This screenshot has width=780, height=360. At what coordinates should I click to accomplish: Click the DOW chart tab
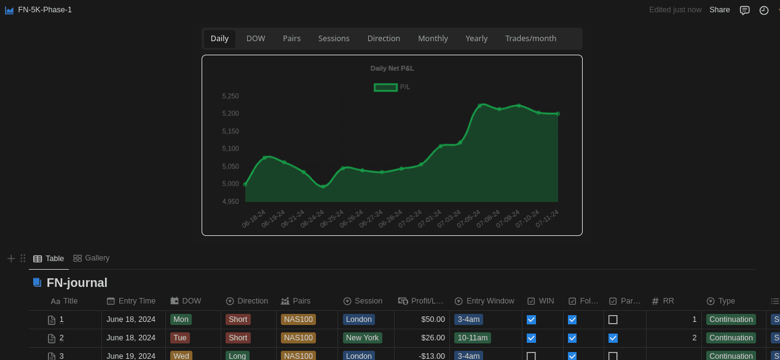256,39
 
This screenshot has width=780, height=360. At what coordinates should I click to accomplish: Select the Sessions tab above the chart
334,39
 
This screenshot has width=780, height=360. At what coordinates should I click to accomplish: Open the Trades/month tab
530,39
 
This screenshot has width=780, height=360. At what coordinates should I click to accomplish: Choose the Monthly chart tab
433,39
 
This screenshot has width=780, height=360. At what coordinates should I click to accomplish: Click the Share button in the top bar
719,10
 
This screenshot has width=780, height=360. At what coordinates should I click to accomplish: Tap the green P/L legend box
385,87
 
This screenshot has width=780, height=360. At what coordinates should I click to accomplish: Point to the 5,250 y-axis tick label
230,96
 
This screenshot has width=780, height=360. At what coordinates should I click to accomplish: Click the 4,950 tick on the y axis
230,202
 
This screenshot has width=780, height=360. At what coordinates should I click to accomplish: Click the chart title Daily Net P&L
392,68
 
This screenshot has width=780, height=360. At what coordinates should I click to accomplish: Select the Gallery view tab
92,258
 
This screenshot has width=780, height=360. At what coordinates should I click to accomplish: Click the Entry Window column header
490,301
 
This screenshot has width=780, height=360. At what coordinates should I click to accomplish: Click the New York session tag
362,338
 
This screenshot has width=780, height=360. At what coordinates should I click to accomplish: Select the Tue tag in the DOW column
180,338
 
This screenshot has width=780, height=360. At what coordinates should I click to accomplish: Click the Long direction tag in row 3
237,356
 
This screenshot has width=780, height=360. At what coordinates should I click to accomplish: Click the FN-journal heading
77,283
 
